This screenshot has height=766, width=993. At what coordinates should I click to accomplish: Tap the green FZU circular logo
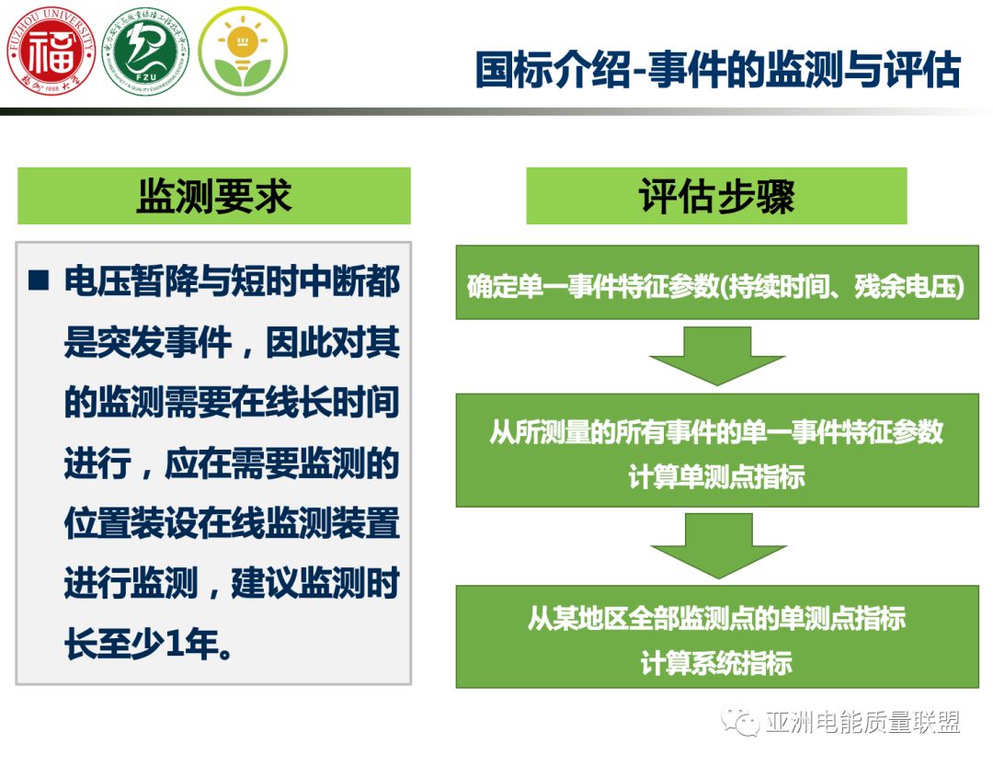(x=145, y=51)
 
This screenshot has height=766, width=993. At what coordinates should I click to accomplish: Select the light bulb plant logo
(x=243, y=51)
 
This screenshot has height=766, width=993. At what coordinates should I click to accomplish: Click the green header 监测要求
(x=214, y=196)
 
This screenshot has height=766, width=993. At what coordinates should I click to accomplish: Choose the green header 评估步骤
(x=716, y=196)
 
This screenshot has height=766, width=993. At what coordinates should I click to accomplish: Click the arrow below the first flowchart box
(x=716, y=355)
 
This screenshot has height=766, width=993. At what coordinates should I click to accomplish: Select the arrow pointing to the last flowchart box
(x=718, y=545)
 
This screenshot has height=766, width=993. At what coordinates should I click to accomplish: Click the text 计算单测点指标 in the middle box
(x=717, y=477)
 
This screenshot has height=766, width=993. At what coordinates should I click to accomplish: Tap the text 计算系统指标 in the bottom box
(x=717, y=663)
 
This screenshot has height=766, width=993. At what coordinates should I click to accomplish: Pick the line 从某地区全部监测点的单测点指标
(x=717, y=618)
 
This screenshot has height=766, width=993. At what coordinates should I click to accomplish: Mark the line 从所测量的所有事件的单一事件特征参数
(x=717, y=432)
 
